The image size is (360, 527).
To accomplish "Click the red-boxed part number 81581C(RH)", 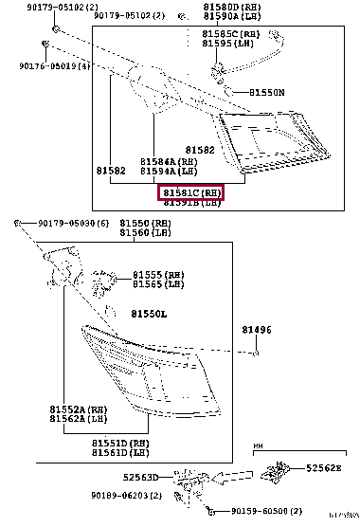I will click(191, 192).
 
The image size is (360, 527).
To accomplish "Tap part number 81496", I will click(256, 330).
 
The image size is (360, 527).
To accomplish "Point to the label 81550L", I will click(149, 313).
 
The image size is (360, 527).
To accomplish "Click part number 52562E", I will click(323, 468).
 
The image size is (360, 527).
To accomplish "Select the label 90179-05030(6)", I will click(74, 223).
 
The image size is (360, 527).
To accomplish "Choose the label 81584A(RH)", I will click(169, 162).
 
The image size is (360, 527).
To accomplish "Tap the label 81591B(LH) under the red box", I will click(191, 203).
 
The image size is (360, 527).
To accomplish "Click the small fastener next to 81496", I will click(256, 353).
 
